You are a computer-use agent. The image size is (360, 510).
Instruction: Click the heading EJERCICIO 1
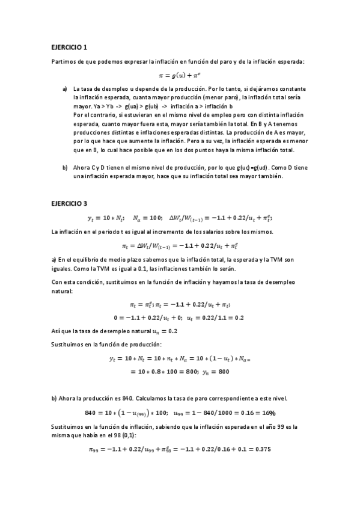[70, 47]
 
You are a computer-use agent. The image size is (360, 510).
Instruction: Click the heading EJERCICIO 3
[70, 203]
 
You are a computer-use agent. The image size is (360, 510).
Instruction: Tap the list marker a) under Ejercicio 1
[65, 89]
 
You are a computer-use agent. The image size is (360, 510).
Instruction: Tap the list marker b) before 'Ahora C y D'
[65, 167]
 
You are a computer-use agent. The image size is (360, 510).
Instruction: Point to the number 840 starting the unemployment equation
[93, 413]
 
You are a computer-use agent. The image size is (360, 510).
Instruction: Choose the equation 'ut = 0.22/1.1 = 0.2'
[215, 318]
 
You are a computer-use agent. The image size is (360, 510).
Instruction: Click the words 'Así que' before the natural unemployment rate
[60, 331]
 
